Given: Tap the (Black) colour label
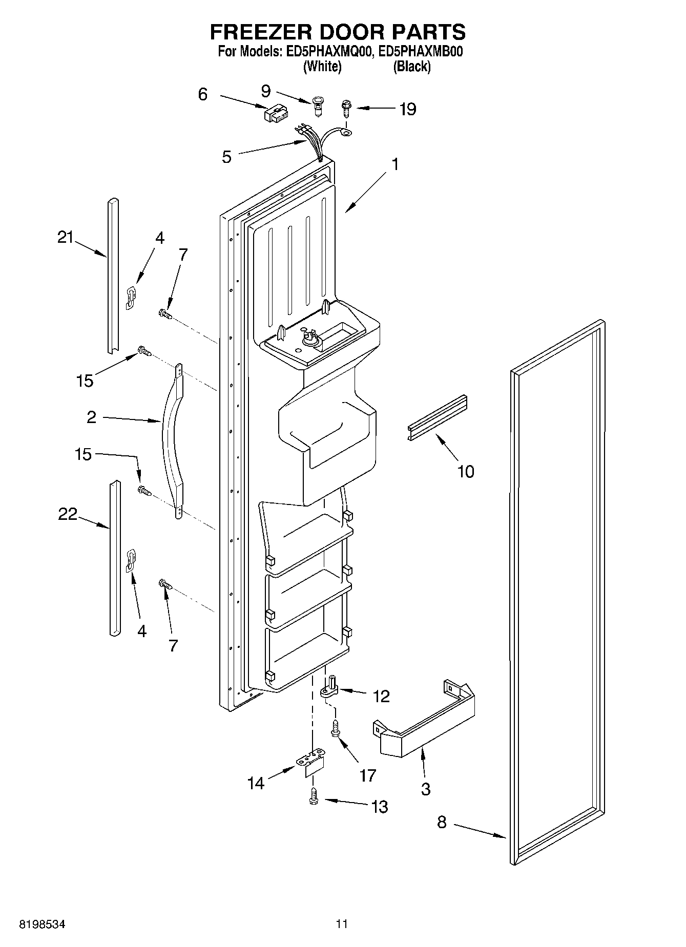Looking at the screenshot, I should tap(411, 67).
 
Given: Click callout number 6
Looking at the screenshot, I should tap(203, 94).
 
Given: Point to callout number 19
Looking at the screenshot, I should tap(408, 109).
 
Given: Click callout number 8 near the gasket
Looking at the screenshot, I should tap(442, 822).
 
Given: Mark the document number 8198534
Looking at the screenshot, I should tap(43, 924).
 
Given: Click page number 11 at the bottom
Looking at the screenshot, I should tap(342, 924).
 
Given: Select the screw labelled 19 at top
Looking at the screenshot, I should tap(346, 109).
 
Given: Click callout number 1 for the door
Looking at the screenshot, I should tap(394, 164).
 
